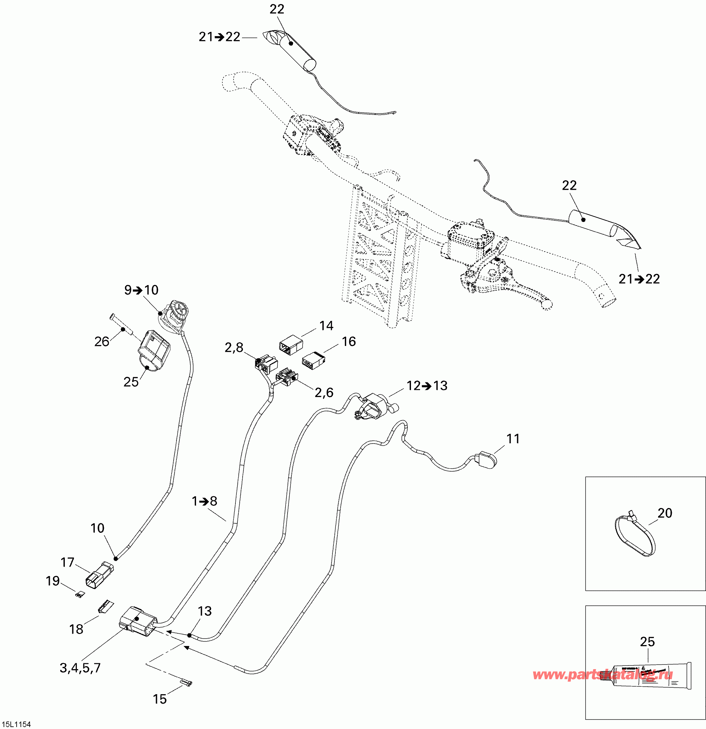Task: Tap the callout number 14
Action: click(x=326, y=326)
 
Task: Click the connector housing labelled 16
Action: click(x=313, y=360)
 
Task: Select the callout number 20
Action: click(x=665, y=513)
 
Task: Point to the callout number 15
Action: click(x=160, y=699)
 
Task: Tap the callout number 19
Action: click(x=52, y=581)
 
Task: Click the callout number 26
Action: click(x=102, y=341)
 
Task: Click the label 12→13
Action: click(x=427, y=386)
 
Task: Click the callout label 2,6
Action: click(x=324, y=392)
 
